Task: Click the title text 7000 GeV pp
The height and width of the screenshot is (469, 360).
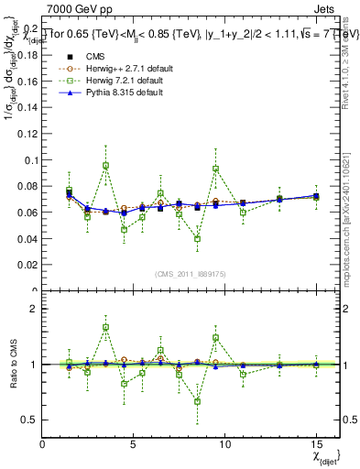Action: pos(73,6)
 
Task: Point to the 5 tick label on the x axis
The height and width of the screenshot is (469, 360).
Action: pos(134,445)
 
